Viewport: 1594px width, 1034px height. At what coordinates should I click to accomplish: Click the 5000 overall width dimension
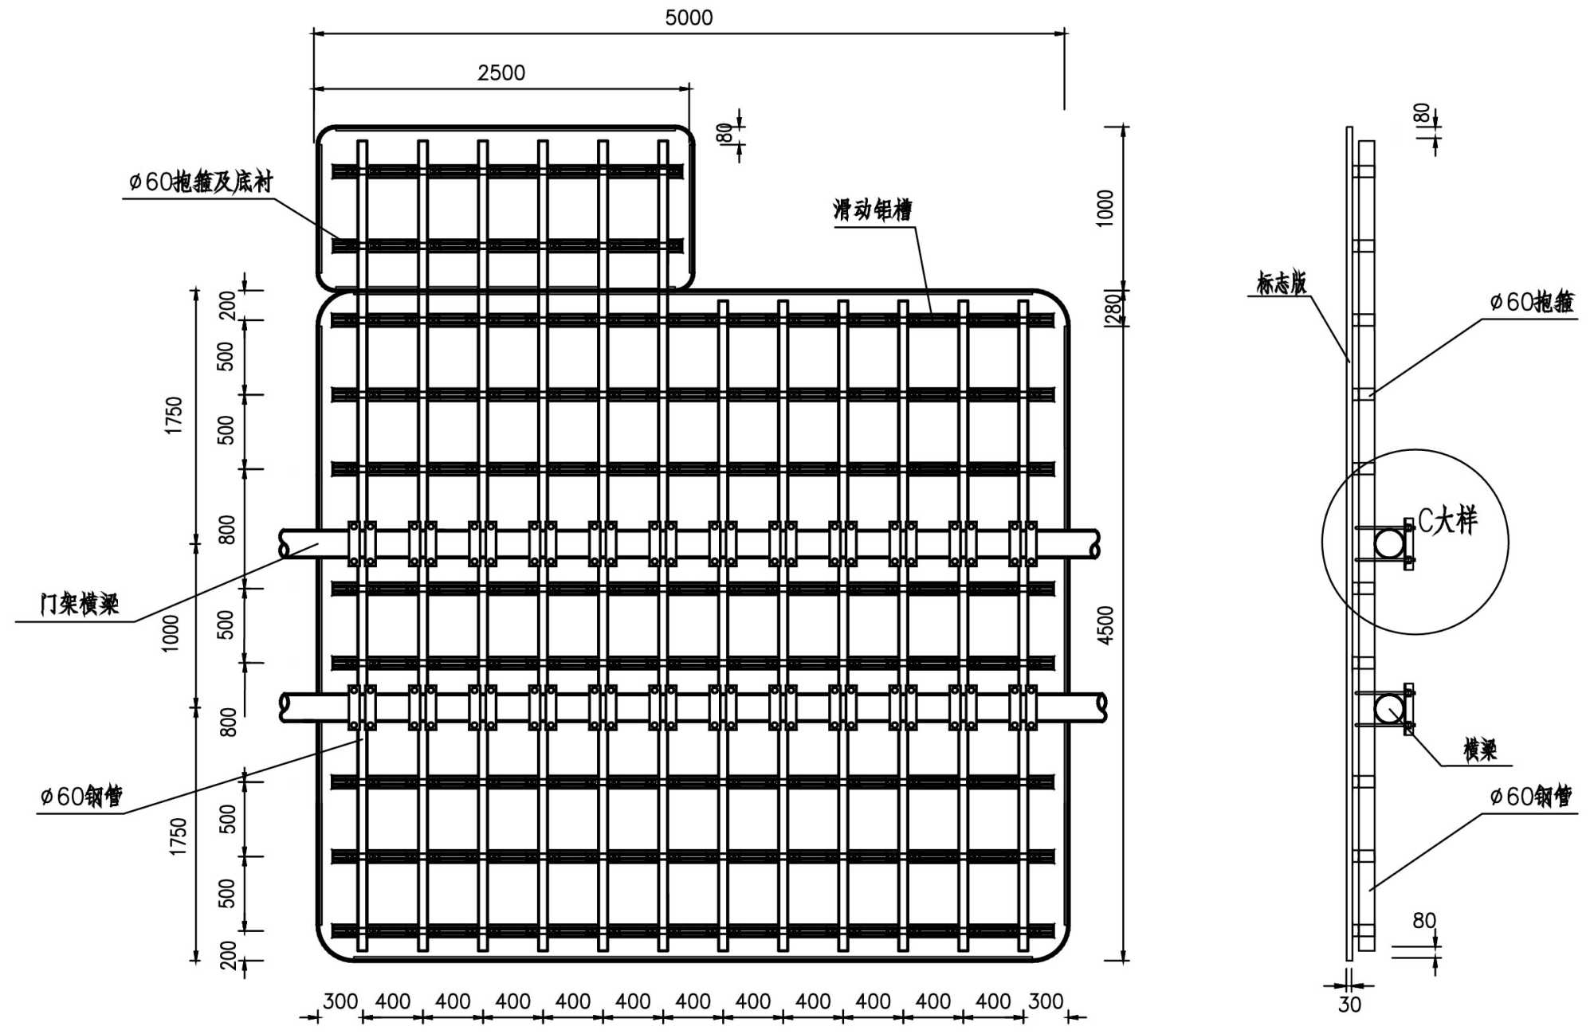689,18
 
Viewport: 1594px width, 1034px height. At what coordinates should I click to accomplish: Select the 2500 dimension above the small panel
501,72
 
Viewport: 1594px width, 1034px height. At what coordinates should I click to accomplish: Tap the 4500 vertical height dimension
1105,625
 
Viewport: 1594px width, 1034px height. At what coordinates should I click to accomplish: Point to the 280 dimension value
1113,308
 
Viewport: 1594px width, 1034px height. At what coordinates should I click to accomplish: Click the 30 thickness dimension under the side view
1349,1005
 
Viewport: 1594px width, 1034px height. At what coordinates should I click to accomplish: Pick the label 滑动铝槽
873,210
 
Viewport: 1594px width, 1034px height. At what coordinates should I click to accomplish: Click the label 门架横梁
80,603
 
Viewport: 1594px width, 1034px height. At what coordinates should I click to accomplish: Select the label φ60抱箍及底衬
201,182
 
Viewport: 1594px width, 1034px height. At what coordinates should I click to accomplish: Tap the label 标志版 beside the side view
1282,283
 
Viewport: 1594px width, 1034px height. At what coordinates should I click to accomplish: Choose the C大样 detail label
1447,520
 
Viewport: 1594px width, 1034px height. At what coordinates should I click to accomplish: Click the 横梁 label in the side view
1480,749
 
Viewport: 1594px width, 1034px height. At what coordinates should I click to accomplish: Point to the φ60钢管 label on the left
81,796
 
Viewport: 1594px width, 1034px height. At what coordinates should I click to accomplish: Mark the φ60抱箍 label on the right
1532,301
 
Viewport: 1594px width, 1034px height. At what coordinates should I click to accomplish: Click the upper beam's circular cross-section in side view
1388,544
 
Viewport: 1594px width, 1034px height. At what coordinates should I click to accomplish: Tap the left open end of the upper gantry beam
284,544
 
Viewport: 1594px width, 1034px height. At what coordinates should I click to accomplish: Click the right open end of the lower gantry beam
1102,708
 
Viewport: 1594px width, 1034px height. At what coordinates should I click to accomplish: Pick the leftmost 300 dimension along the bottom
340,1001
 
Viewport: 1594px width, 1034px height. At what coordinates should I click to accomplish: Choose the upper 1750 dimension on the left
174,415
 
